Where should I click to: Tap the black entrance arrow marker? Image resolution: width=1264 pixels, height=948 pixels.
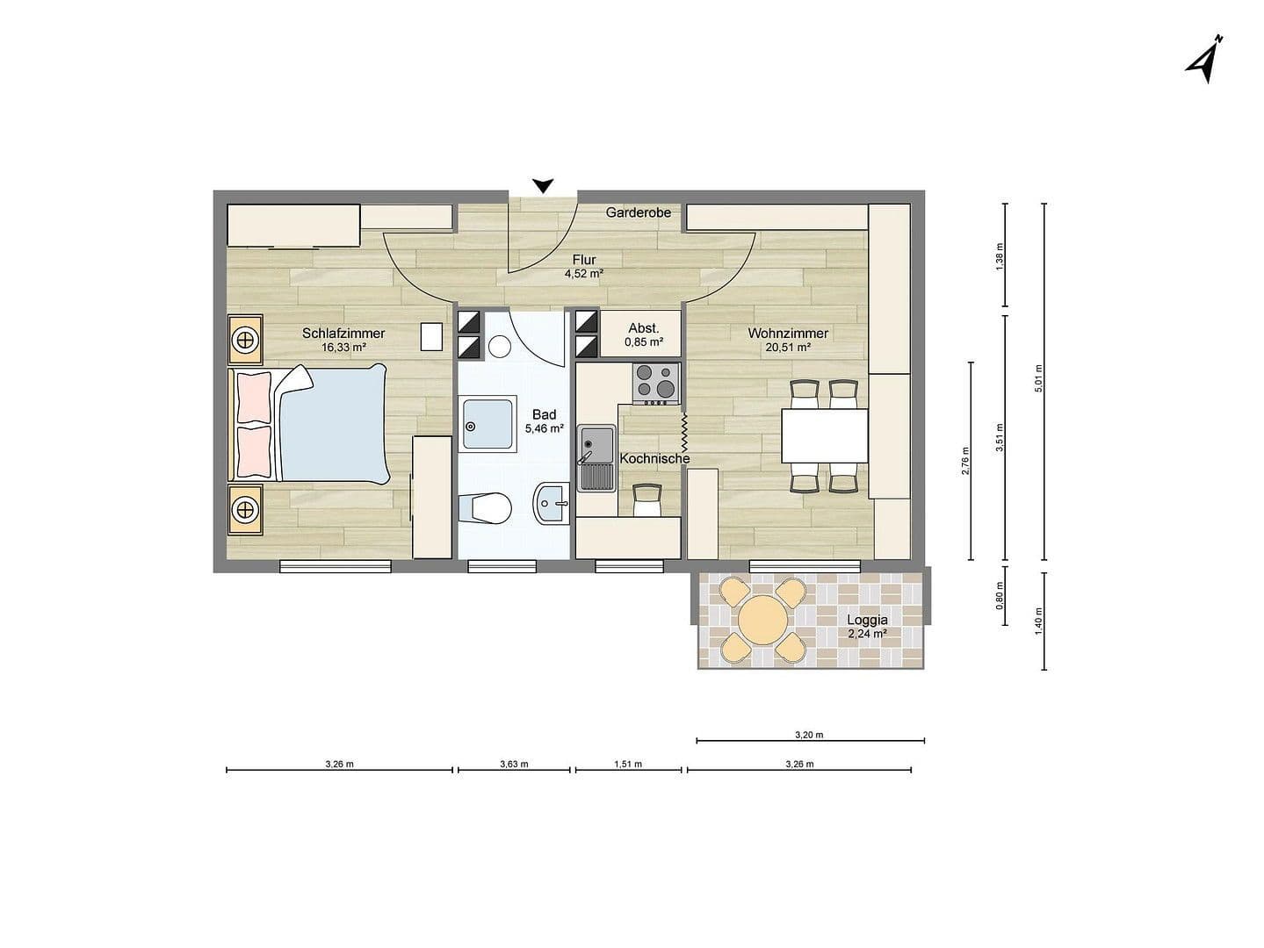tap(544, 185)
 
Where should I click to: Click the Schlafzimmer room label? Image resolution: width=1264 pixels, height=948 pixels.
tap(343, 334)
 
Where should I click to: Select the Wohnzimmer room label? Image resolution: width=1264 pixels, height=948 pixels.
tap(788, 334)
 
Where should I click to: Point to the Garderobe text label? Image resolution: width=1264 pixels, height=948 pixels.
tap(638, 212)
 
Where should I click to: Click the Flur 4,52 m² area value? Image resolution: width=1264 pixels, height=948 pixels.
tap(583, 273)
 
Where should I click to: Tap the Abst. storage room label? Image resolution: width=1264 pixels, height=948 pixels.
tap(643, 328)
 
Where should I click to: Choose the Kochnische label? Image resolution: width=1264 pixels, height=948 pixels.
tap(654, 458)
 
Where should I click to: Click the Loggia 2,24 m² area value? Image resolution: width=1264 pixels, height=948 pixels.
tap(866, 633)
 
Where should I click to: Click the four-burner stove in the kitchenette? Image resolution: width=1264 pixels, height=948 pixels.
tap(656, 383)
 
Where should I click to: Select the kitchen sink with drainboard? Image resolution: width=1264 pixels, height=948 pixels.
tap(596, 456)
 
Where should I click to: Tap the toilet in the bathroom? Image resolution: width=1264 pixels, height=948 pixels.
tap(485, 507)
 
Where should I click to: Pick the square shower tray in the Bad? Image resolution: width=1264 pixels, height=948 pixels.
tap(488, 425)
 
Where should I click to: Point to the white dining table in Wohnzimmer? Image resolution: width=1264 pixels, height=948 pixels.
tap(825, 435)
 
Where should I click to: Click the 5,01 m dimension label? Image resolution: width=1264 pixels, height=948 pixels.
tap(1038, 378)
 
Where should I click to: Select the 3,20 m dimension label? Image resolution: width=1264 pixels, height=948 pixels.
tap(809, 735)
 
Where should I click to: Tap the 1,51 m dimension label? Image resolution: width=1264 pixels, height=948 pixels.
tap(627, 764)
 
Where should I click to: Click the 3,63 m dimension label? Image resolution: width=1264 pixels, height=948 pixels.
tap(514, 764)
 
